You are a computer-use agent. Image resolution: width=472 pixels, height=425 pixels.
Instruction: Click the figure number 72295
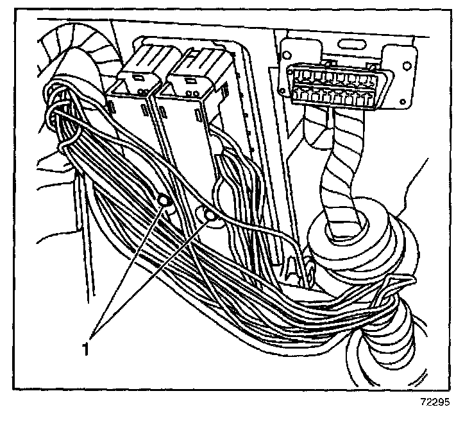[435, 406]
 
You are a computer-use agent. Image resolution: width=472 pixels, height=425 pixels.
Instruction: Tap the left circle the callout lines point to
[164, 200]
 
